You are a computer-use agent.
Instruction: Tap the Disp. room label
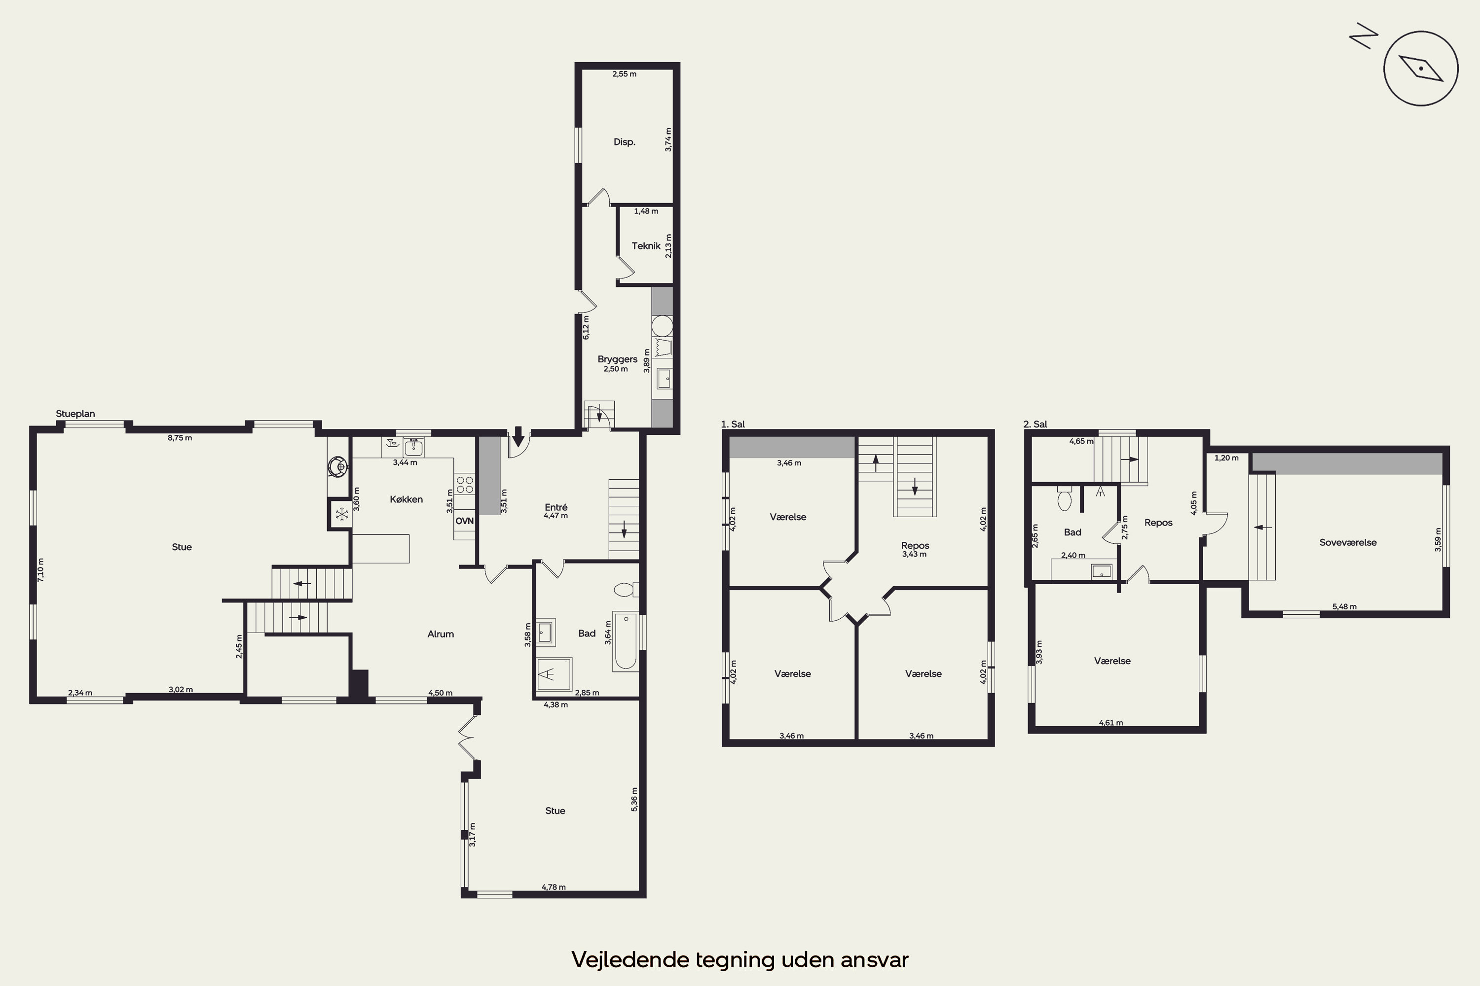624,142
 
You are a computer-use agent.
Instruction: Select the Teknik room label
646,246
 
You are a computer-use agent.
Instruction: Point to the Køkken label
406,499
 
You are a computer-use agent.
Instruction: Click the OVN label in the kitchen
464,521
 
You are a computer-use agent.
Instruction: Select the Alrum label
441,634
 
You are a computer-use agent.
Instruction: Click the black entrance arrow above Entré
518,436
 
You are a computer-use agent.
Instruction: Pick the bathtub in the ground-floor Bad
626,641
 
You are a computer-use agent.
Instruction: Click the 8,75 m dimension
180,438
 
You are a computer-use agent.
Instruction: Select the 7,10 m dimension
41,570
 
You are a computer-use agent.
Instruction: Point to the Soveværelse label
1348,543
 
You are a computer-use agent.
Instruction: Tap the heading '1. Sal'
733,424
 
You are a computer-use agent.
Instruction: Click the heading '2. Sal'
1035,424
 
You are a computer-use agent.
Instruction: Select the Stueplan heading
75,414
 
